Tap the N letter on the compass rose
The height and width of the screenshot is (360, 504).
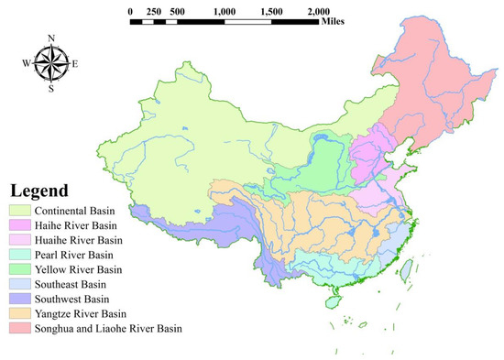pyautogui.click(x=50, y=38)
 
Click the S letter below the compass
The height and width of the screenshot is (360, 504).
pyautogui.click(x=50, y=89)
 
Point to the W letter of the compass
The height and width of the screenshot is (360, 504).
pyautogui.click(x=25, y=63)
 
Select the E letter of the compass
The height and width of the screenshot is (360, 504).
pyautogui.click(x=75, y=63)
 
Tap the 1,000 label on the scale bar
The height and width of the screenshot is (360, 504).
pyautogui.click(x=225, y=11)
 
